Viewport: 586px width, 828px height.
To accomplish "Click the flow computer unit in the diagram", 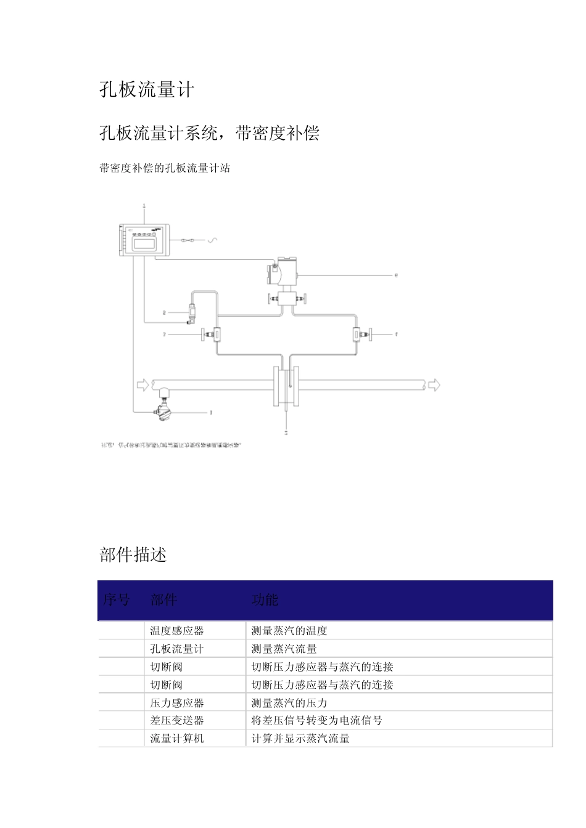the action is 144,240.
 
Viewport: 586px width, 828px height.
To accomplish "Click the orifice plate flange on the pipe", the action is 286,385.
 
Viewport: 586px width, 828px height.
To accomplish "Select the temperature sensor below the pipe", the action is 165,409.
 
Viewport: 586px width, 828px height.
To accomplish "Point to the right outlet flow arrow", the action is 434,385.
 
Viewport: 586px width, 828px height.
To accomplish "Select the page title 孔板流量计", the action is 147,90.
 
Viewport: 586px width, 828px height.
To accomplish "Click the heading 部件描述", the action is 133,554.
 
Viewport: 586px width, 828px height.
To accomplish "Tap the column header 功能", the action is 265,599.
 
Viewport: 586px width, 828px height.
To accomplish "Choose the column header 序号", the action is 116,599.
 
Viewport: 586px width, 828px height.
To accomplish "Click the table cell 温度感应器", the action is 177,631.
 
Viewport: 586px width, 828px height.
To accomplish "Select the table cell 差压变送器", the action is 177,720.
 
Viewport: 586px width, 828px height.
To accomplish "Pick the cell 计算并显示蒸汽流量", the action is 300,738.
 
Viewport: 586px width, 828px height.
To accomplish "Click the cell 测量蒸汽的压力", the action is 289,703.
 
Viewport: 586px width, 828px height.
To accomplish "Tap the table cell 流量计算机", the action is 177,738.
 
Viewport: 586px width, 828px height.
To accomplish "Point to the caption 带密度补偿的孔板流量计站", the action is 165,168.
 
